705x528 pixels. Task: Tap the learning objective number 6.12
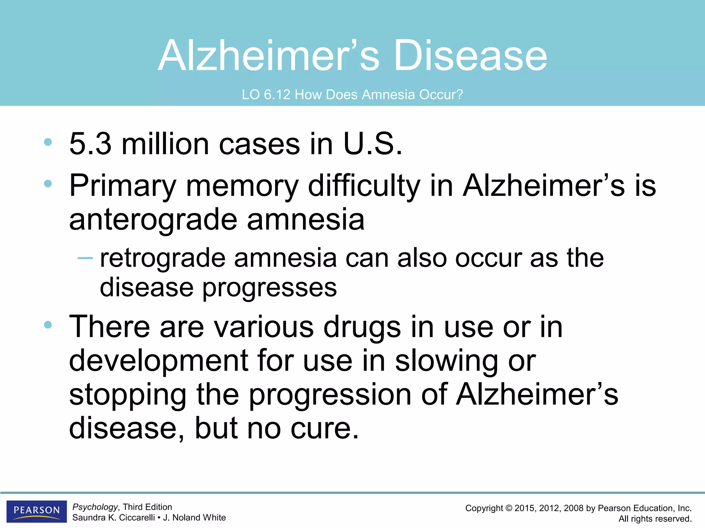click(277, 95)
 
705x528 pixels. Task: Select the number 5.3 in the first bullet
click(90, 144)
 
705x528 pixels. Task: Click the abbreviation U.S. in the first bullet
click(372, 144)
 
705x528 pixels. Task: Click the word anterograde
click(153, 220)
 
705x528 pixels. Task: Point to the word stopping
click(128, 395)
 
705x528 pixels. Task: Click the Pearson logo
click(36, 511)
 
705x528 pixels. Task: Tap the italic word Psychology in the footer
click(95, 507)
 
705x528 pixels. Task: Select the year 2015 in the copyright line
click(524, 508)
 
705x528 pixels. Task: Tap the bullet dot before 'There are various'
click(48, 325)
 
